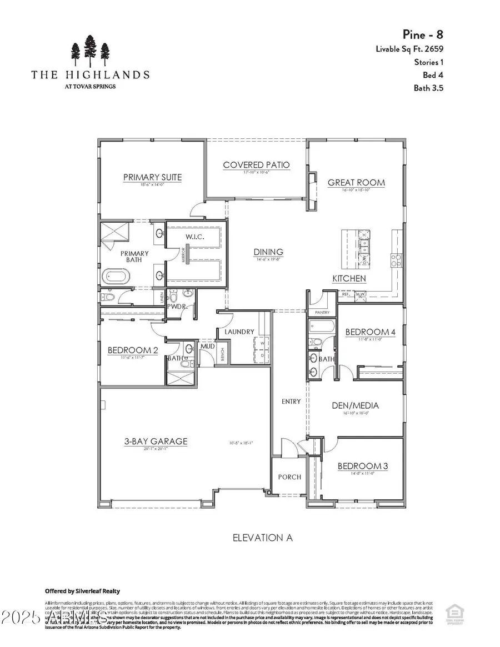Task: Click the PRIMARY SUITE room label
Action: tap(152, 178)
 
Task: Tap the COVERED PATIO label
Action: tap(256, 165)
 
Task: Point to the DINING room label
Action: tap(268, 252)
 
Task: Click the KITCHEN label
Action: tap(349, 278)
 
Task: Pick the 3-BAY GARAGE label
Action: tap(156, 442)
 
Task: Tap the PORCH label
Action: tap(289, 477)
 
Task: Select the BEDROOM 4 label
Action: tap(371, 332)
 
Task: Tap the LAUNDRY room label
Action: tap(239, 332)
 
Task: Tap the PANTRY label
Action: tap(322, 313)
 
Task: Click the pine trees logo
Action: tap(89, 51)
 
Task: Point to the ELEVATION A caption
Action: tap(263, 538)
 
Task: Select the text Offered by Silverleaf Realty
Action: tap(82, 591)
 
